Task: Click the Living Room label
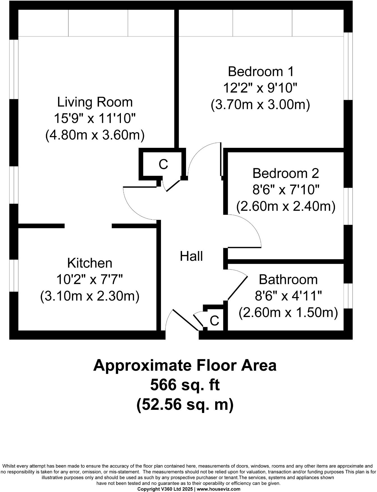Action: click(95, 102)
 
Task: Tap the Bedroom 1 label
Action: click(261, 72)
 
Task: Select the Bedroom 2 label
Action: click(286, 173)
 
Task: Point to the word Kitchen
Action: click(90, 263)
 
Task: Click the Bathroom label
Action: click(288, 280)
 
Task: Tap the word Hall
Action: click(191, 256)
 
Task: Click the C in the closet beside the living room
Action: click(163, 164)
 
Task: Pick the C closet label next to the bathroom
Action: click(214, 321)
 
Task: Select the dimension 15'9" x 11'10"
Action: click(95, 119)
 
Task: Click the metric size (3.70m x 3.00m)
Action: click(261, 105)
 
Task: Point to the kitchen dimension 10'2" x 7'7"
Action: click(90, 280)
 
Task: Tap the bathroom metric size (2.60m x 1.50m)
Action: click(288, 312)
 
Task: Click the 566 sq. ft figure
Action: click(185, 385)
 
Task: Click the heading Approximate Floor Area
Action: click(185, 365)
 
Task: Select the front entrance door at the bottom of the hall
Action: click(185, 320)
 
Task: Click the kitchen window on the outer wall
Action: click(14, 275)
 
